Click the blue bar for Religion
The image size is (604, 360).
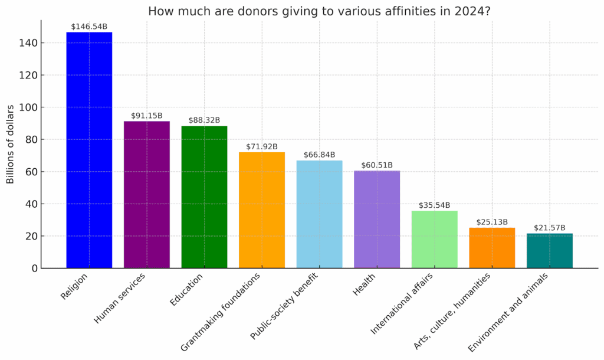click(x=89, y=150)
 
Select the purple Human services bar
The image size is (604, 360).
click(x=146, y=195)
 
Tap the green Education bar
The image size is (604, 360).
click(x=204, y=197)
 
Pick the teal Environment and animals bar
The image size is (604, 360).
click(x=549, y=251)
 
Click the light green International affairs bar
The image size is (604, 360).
click(x=434, y=240)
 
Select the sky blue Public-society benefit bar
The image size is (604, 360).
click(x=319, y=214)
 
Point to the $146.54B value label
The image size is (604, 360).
click(x=89, y=27)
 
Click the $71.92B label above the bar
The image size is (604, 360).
click(x=261, y=146)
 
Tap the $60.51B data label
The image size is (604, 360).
click(x=376, y=165)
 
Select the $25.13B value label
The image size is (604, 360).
click(x=492, y=222)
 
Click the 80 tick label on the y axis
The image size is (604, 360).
click(x=31, y=140)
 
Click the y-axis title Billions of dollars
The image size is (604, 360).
click(x=11, y=145)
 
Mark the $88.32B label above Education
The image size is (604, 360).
click(x=204, y=120)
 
